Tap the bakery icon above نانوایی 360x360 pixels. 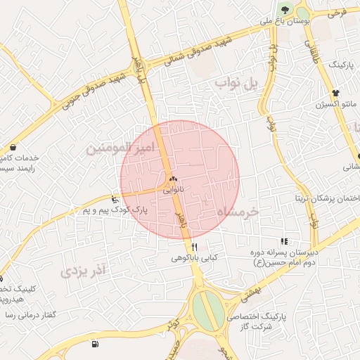173,179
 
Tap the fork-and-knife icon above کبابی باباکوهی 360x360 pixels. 195,247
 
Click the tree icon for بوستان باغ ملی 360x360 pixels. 285,9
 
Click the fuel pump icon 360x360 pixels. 96,344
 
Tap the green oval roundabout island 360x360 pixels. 207,310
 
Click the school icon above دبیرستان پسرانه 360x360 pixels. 284,241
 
